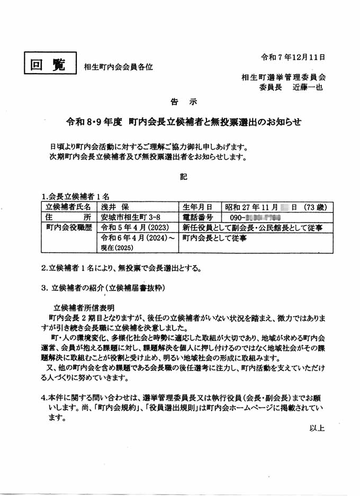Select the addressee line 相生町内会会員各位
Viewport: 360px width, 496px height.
(x=118, y=67)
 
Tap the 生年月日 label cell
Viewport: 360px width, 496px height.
(x=197, y=207)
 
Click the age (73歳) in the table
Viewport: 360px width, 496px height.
(x=307, y=207)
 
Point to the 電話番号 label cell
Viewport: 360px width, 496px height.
(x=197, y=217)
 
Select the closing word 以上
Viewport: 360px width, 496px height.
(x=317, y=428)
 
